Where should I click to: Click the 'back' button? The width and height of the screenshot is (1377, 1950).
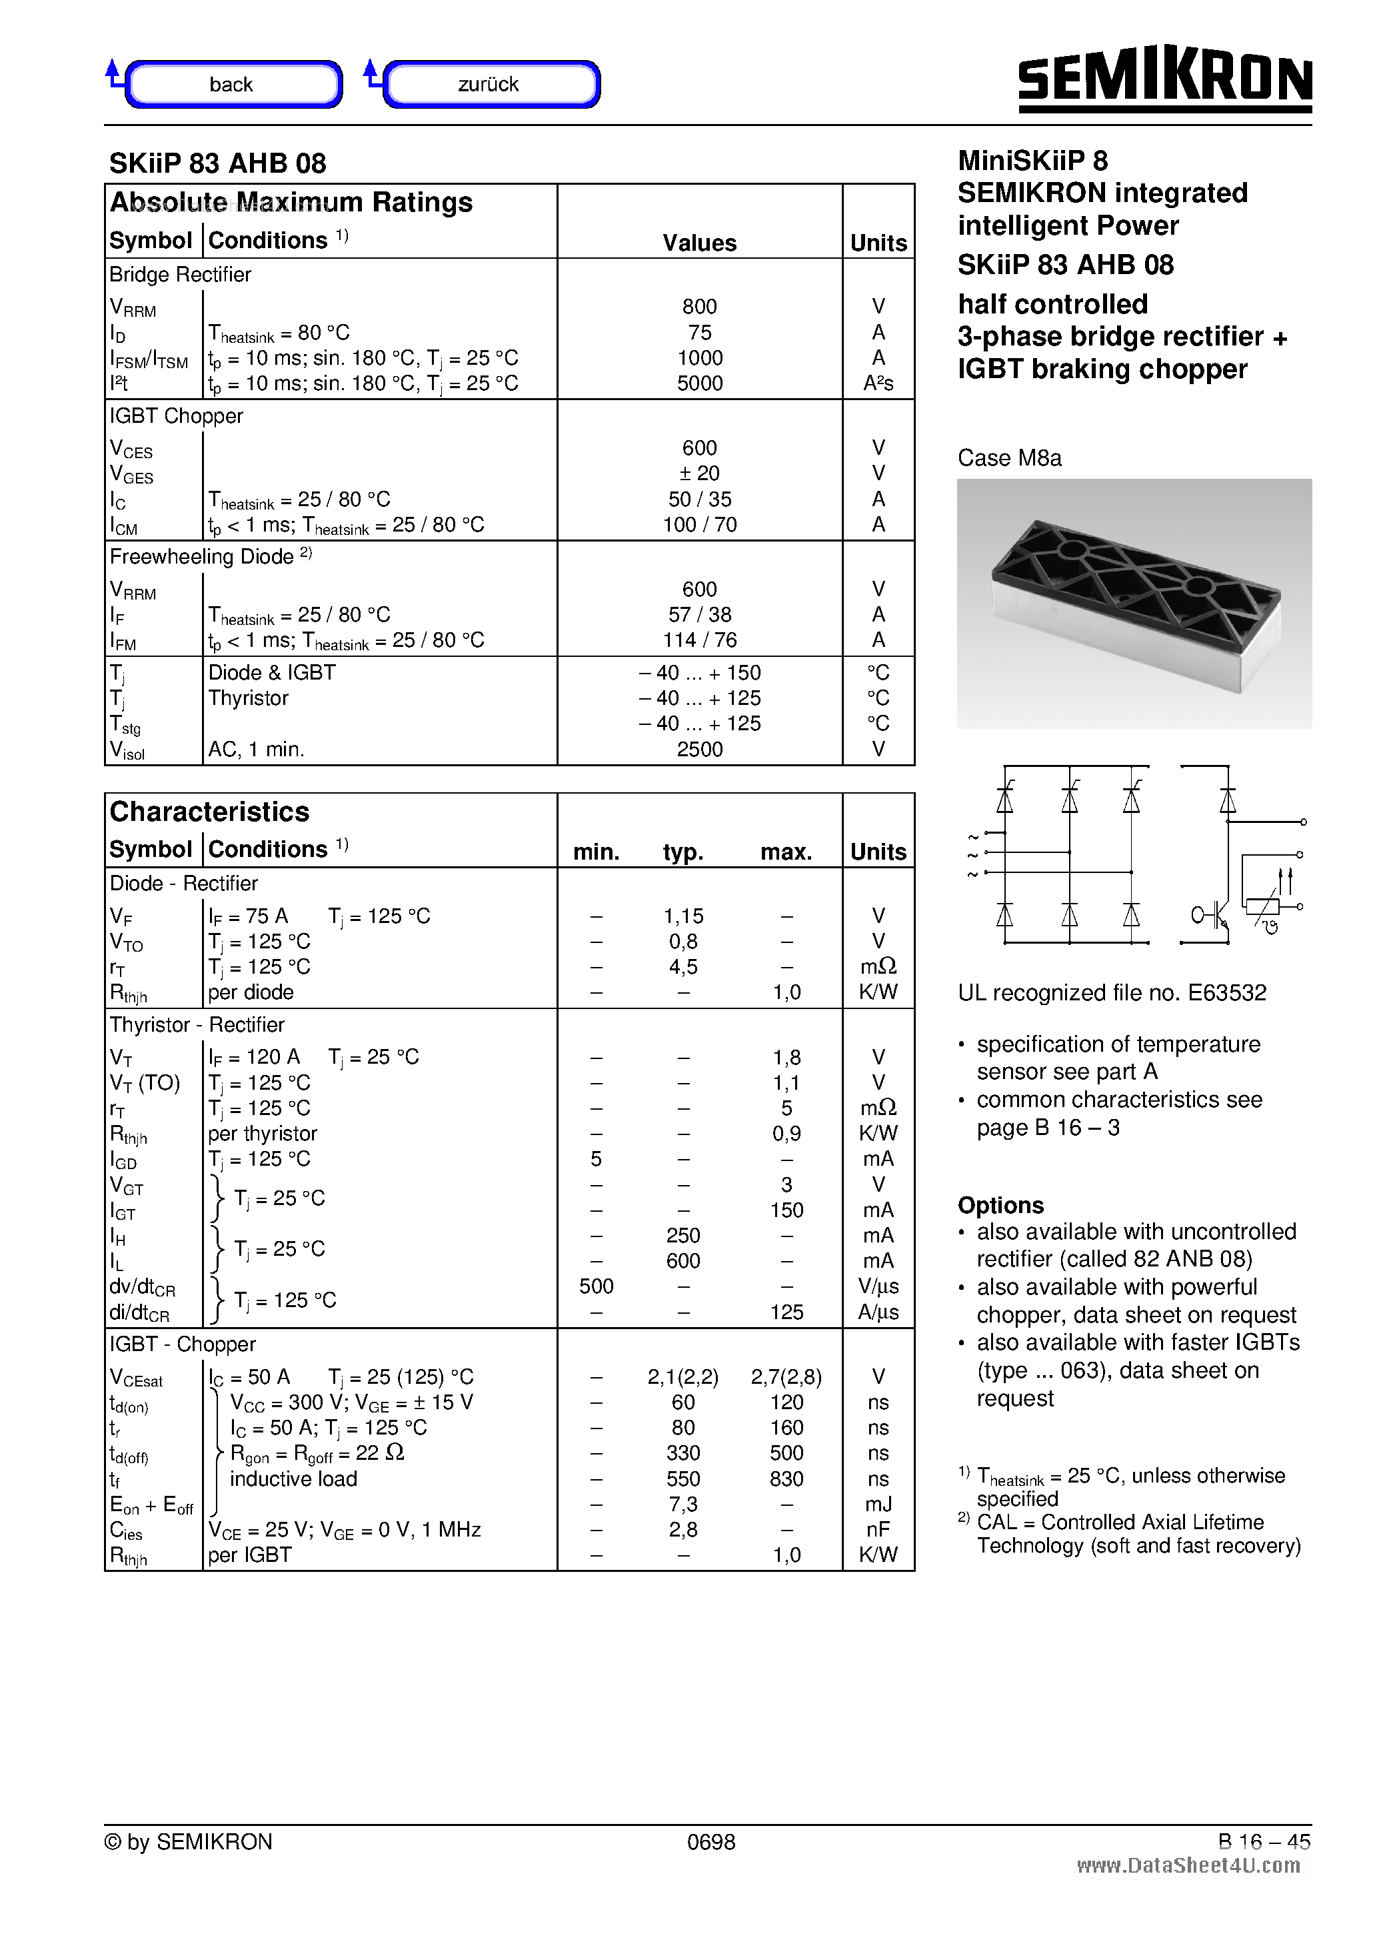[x=233, y=84]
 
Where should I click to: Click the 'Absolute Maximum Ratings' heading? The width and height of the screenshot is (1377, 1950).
[x=291, y=202]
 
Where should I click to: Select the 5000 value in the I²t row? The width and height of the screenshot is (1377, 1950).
[x=700, y=384]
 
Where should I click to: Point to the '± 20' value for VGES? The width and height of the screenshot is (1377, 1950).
[x=700, y=473]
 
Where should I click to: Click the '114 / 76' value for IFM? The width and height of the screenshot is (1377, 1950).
[x=700, y=640]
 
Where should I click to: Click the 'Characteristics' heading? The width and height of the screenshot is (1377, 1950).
[x=210, y=812]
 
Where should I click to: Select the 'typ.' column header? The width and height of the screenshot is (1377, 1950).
[x=683, y=852]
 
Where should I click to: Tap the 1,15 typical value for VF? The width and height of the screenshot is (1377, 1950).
[x=683, y=916]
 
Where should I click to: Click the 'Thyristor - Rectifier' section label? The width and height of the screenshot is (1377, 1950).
[x=197, y=1025]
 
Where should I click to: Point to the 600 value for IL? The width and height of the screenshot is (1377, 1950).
[x=683, y=1261]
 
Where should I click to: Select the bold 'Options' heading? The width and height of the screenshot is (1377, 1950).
[x=1000, y=1206]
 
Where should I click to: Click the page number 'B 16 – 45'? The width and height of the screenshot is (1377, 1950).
[x=1263, y=1842]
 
